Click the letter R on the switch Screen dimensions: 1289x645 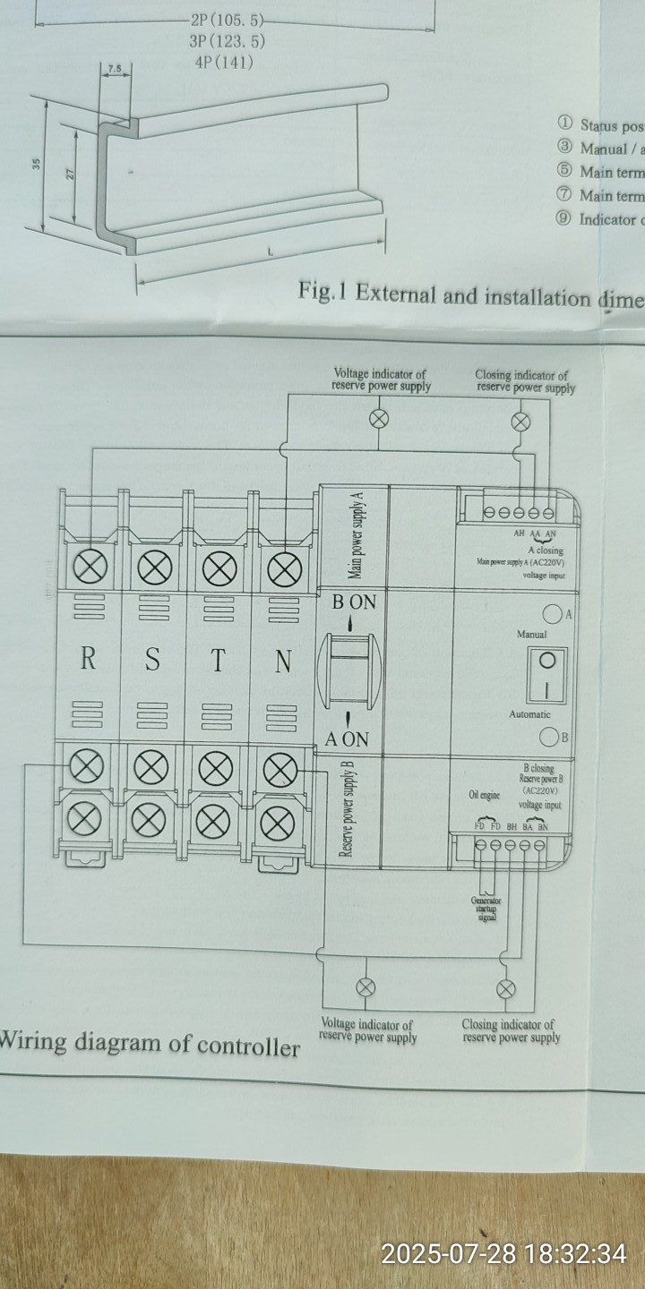(x=88, y=660)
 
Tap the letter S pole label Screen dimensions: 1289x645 (x=153, y=661)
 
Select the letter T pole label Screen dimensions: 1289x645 (x=218, y=661)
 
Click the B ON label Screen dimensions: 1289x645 (x=354, y=602)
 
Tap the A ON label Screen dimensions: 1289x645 (x=347, y=739)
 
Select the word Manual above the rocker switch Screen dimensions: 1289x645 (x=531, y=635)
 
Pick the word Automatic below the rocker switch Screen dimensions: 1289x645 (x=529, y=714)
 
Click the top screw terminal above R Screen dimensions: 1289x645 (x=90, y=568)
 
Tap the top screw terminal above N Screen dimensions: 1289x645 (x=284, y=568)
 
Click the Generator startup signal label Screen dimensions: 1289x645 (x=486, y=909)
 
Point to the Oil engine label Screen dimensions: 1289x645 (x=484, y=795)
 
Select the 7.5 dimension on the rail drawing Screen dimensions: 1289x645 (x=114, y=69)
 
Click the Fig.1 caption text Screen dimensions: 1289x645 (x=470, y=295)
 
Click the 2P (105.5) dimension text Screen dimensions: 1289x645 (x=228, y=20)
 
